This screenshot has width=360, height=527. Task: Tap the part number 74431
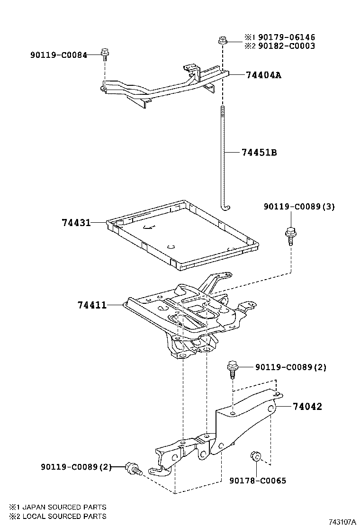76,222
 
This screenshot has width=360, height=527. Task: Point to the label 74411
92,306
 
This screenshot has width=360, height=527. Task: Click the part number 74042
307,407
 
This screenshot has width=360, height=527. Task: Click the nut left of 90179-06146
222,41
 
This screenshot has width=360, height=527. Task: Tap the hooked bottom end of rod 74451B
225,207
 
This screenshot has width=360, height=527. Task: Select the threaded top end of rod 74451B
222,114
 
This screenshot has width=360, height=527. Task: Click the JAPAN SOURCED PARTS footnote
57,507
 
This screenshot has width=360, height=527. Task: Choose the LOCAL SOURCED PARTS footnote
57,516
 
